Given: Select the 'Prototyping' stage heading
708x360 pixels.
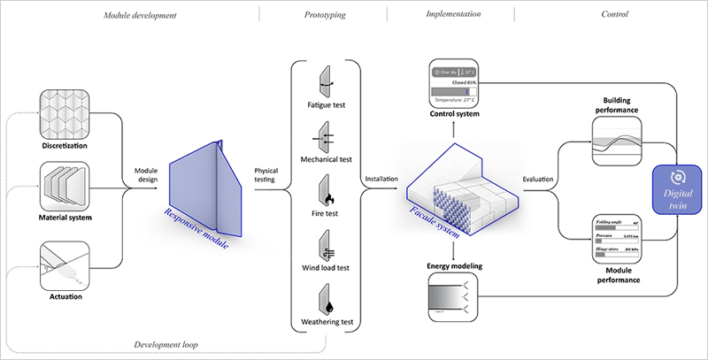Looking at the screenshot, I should pos(325,15).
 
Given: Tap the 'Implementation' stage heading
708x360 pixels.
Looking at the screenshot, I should pos(452,15).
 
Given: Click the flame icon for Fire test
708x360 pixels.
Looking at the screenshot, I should pos(326,194).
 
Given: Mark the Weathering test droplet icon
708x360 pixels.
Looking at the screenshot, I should pos(326,297).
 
